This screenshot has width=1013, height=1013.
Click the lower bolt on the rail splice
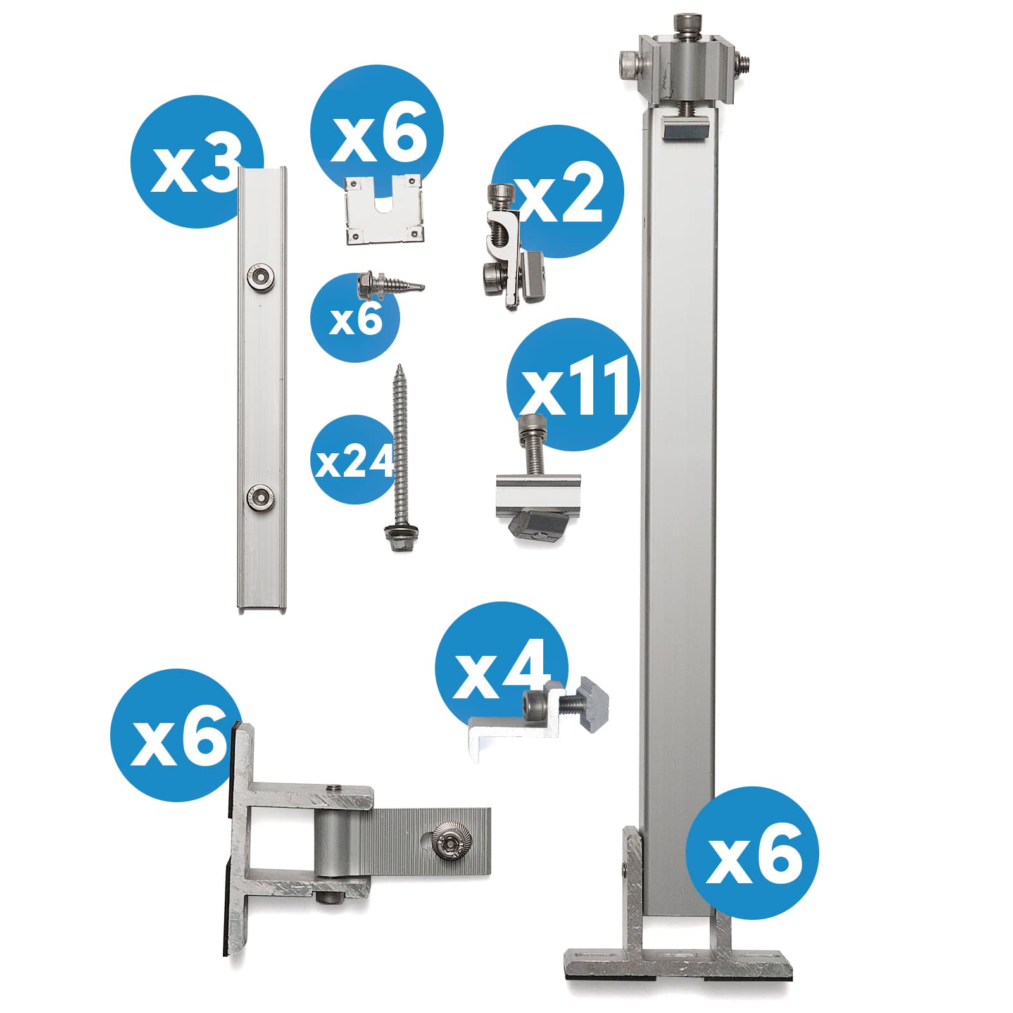(259, 496)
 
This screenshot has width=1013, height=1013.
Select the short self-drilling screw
(389, 284)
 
